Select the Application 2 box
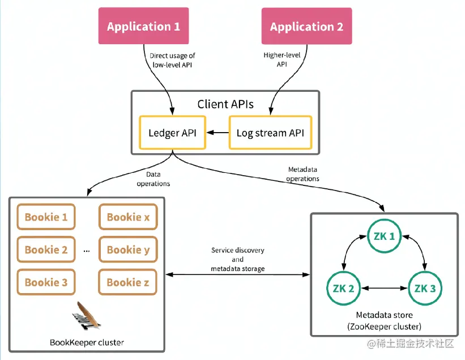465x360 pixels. pyautogui.click(x=306, y=26)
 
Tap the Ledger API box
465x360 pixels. pyautogui.click(x=173, y=133)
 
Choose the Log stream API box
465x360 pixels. pyautogui.click(x=270, y=133)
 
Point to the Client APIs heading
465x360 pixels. pyautogui.click(x=225, y=104)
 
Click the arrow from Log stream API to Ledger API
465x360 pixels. pyautogui.click(x=217, y=133)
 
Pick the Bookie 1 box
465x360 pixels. pyautogui.click(x=46, y=217)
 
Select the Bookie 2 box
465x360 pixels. pyautogui.click(x=46, y=249)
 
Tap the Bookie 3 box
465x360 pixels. pyautogui.click(x=46, y=282)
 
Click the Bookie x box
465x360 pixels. pyautogui.click(x=128, y=217)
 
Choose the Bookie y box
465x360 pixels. pyautogui.click(x=128, y=249)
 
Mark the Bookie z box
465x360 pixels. pyautogui.click(x=128, y=282)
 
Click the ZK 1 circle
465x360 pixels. pyautogui.click(x=384, y=236)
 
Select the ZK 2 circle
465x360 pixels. pyautogui.click(x=343, y=288)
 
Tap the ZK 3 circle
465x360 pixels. pyautogui.click(x=425, y=288)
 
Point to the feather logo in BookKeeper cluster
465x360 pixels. pyautogui.click(x=87, y=315)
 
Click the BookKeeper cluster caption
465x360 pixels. pyautogui.click(x=87, y=342)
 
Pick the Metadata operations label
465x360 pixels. pyautogui.click(x=304, y=174)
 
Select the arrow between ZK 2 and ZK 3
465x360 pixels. pyautogui.click(x=384, y=288)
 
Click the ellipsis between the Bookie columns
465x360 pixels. pyautogui.click(x=87, y=250)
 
